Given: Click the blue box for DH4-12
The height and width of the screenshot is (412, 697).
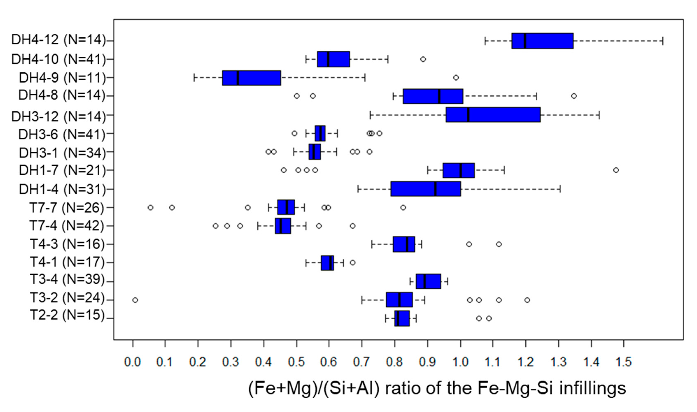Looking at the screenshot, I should [542, 41].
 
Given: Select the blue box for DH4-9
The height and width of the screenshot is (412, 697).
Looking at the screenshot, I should [251, 78].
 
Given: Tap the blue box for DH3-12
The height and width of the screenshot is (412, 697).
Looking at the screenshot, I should [493, 115].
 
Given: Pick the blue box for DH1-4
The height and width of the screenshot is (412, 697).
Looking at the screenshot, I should [426, 189].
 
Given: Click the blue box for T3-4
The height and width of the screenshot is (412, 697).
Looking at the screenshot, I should [428, 281].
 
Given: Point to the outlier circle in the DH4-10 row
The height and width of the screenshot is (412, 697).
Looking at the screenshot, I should [423, 59].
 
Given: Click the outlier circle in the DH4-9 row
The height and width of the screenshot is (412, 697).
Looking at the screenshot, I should [456, 78].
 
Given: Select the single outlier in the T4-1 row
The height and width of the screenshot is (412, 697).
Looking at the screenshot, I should [352, 263].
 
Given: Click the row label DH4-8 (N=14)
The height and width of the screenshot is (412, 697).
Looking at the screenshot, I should [62, 96].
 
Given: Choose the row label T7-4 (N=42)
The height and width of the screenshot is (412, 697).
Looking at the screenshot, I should [67, 226].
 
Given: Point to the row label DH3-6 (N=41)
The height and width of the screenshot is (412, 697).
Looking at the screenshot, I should [62, 135].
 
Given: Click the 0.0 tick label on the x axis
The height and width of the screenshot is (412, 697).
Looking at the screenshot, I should [133, 362].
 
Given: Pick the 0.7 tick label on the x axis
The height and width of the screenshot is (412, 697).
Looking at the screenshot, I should [362, 362].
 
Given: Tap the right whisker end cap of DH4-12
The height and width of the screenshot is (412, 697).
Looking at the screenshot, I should [663, 41].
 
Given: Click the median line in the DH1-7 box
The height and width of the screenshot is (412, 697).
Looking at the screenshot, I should [461, 170].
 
